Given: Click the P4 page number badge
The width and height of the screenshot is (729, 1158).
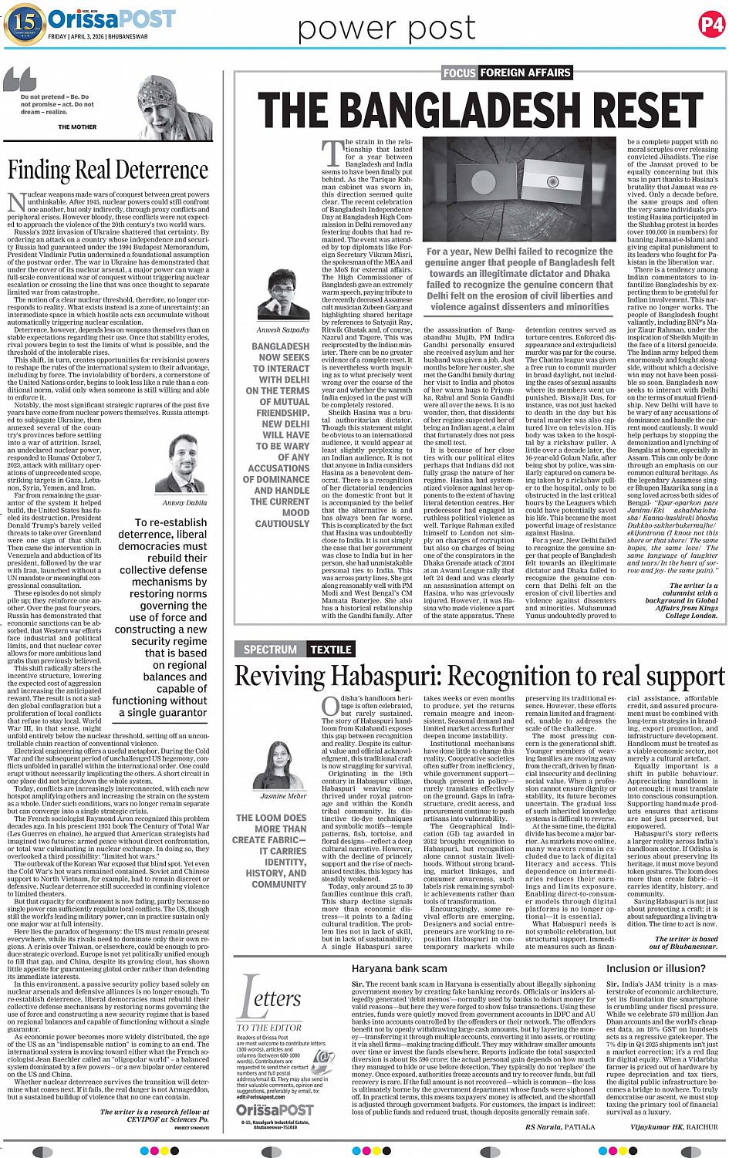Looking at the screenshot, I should tap(711, 25).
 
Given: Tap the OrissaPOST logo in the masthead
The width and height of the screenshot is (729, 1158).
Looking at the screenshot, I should tap(112, 19).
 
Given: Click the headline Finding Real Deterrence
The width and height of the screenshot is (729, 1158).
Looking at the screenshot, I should tap(108, 170).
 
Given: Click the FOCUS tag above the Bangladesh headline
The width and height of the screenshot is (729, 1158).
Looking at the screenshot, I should tap(459, 73).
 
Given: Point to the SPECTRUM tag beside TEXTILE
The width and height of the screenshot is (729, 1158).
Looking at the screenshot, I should tap(270, 650).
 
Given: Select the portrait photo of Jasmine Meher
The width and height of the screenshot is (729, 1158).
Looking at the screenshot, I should tap(283, 764).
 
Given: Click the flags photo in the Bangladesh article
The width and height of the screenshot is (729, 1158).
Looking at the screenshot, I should tap(521, 190).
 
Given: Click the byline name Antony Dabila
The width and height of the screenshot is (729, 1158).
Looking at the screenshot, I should tap(184, 502).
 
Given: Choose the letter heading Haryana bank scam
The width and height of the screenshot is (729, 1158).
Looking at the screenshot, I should tap(399, 968).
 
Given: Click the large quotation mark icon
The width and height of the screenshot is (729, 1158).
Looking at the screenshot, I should tap(20, 80).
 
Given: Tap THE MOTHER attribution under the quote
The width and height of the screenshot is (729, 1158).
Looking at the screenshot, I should tap(77, 127).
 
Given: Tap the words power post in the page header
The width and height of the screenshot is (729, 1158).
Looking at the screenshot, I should tap(386, 29).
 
